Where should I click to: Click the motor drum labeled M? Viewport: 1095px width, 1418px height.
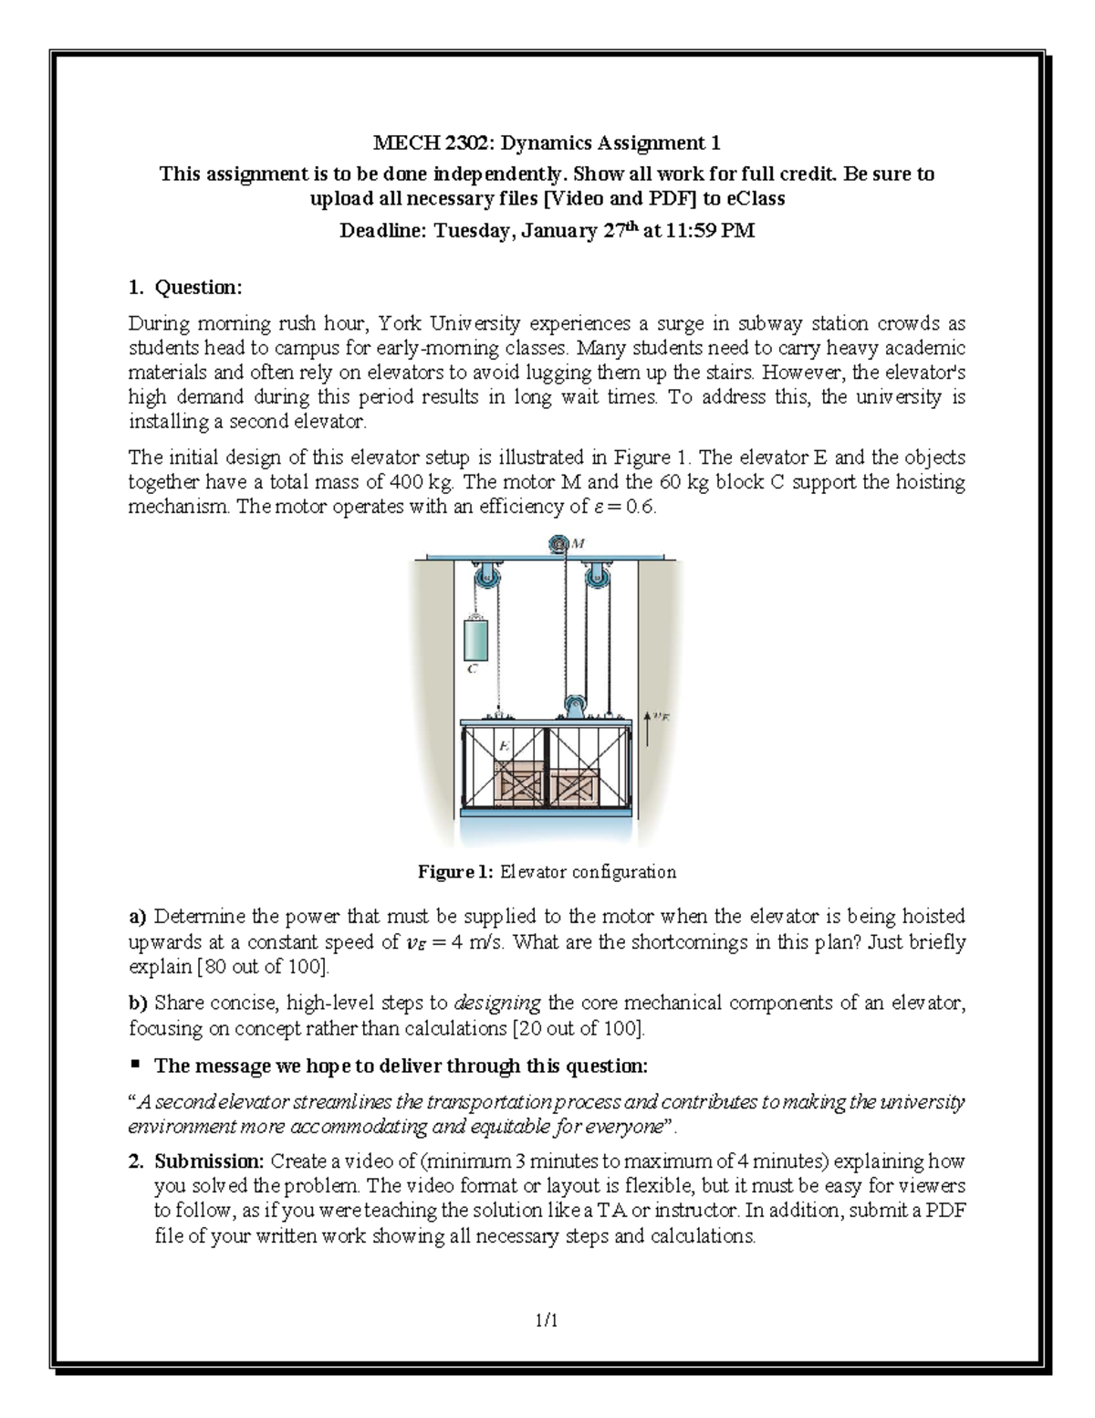coord(556,545)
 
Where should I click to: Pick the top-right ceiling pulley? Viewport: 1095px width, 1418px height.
coord(598,580)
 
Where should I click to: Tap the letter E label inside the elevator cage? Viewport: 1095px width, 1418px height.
coord(503,746)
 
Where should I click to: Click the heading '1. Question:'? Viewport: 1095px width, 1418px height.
coord(185,288)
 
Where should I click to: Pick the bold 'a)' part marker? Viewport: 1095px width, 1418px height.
coord(137,916)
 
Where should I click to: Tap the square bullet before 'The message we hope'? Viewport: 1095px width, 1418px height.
coord(134,1065)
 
